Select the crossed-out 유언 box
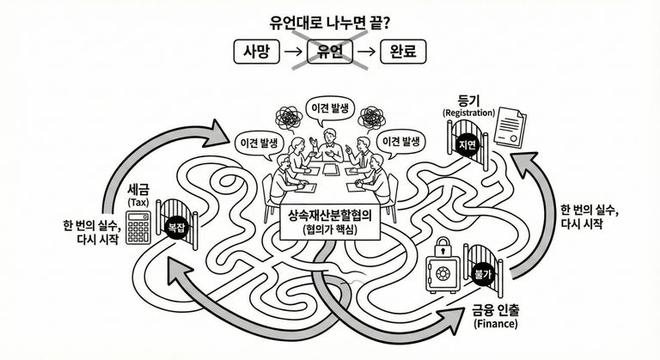330,52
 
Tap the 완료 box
403,52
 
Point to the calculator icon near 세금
138,227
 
